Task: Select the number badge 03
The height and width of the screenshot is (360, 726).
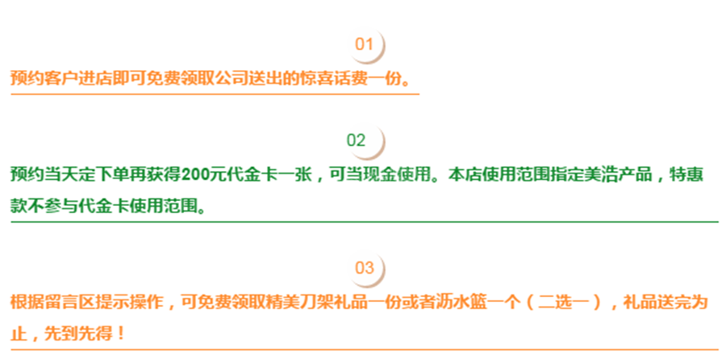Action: [365, 268]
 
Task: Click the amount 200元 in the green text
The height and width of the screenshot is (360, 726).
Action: [200, 175]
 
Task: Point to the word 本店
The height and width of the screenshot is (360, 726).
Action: [463, 175]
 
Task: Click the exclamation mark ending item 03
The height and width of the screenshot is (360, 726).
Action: [122, 332]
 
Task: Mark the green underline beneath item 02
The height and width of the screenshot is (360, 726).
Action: [363, 220]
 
